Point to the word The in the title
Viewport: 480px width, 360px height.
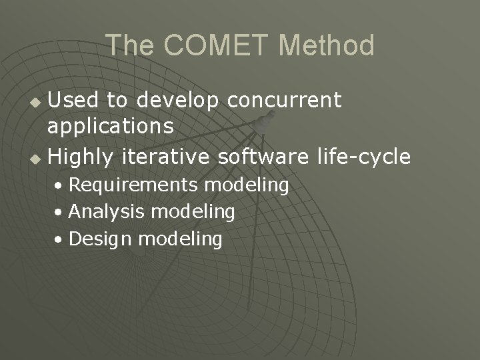point(130,46)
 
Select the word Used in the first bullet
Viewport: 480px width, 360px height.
point(74,100)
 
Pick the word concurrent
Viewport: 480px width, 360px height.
point(285,100)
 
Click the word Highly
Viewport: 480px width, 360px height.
point(81,157)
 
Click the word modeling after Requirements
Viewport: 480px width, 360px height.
point(247,185)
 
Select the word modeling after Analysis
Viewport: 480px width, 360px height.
point(193,213)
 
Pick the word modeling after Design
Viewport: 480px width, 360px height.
point(180,239)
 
